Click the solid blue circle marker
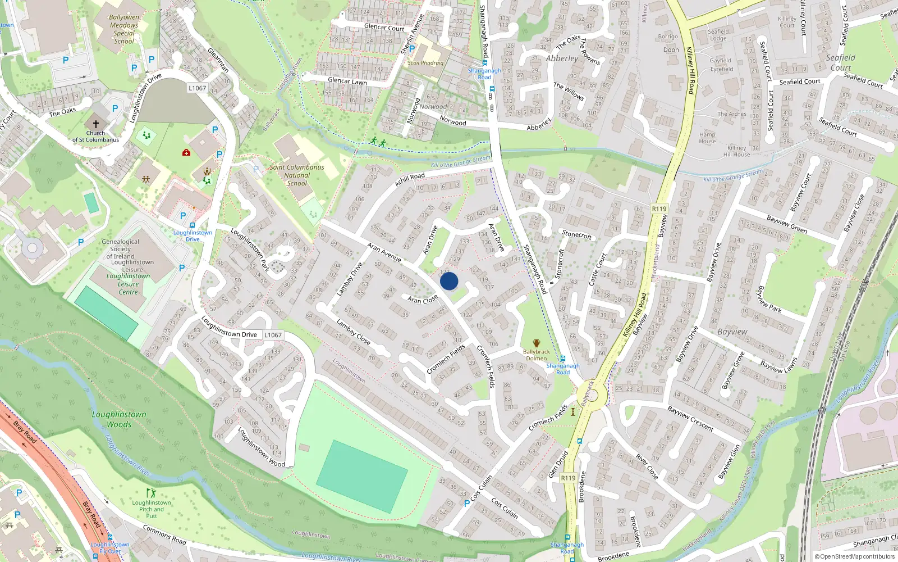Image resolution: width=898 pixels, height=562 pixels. [x=449, y=281]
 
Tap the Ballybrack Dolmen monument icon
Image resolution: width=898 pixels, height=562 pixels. [x=536, y=343]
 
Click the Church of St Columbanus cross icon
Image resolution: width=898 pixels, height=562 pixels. [x=95, y=124]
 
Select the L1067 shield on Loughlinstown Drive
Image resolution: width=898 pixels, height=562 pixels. [x=273, y=335]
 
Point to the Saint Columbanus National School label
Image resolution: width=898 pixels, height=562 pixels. [x=297, y=175]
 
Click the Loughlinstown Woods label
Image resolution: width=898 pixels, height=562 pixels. [x=119, y=419]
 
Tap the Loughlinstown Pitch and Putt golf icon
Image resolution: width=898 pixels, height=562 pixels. [x=150, y=493]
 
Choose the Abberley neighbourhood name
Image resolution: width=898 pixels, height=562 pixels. [x=562, y=58]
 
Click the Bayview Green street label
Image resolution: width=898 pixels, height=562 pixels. [x=787, y=224]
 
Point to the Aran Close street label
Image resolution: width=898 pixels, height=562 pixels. [x=423, y=300]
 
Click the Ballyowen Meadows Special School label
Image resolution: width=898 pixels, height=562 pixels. [x=124, y=29]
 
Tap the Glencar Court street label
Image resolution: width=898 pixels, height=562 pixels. [x=384, y=27]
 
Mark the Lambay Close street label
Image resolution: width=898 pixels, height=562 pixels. [x=353, y=332]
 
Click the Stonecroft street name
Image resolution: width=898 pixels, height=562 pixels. [x=577, y=234]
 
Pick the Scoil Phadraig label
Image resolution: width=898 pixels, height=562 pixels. [x=425, y=63]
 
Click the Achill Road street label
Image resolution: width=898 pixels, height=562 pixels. [x=410, y=179]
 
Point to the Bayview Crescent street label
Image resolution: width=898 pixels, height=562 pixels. [x=690, y=419]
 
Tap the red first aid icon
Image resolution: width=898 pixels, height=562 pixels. [x=186, y=152]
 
